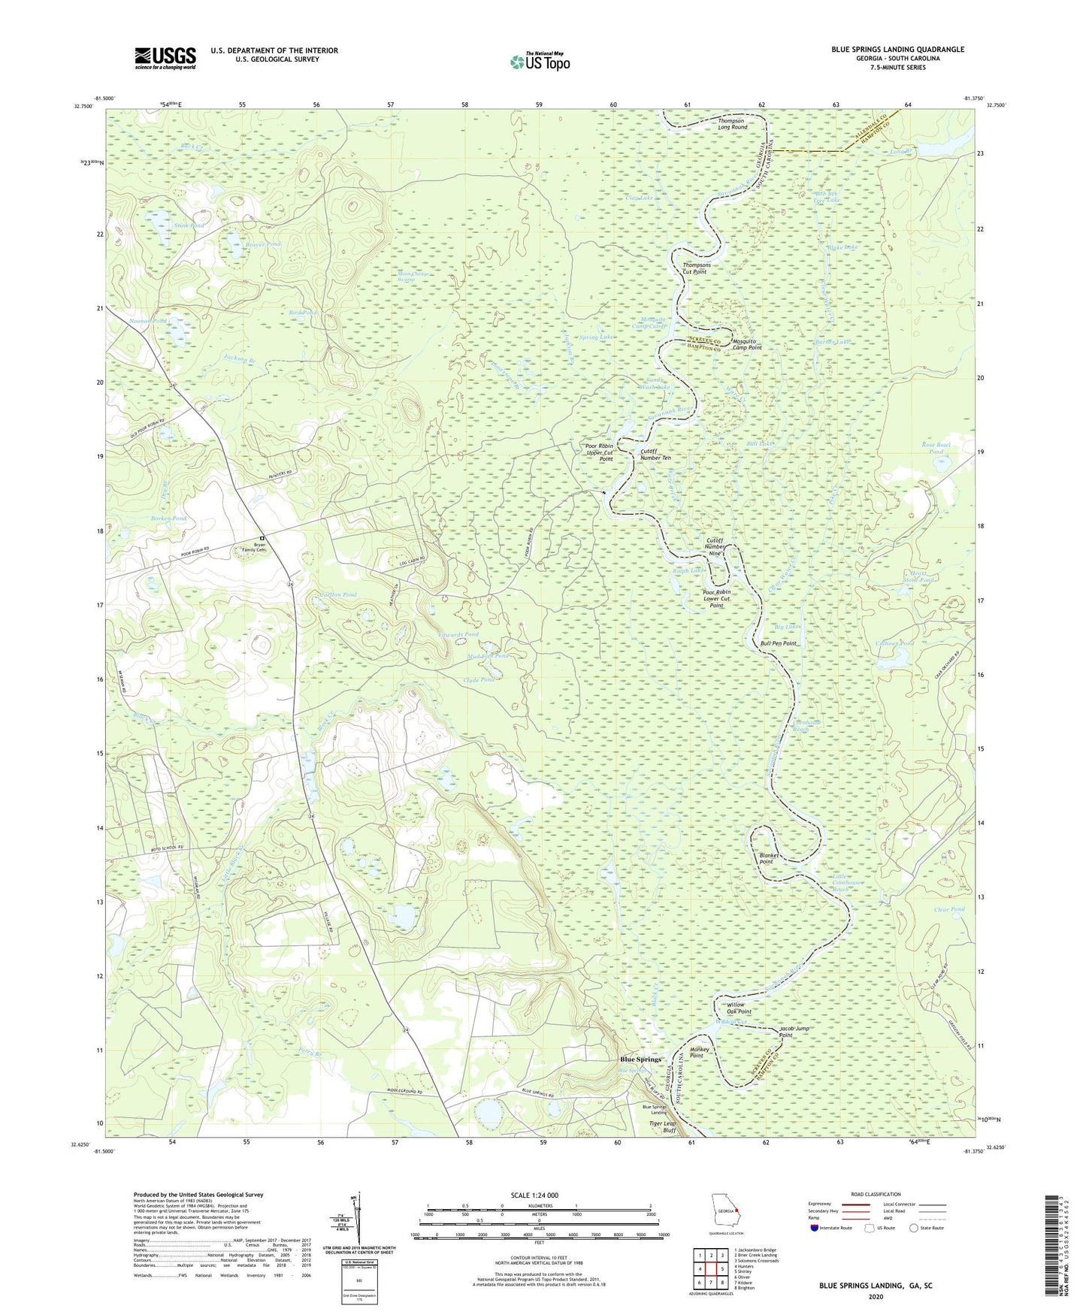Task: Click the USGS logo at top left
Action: (165, 58)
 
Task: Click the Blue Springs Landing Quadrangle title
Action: (897, 50)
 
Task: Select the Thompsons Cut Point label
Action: (694, 268)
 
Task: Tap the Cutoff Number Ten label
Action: (655, 454)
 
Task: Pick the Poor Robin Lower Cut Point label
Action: (716, 598)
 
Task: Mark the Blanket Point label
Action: (766, 858)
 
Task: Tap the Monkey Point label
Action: (696, 1052)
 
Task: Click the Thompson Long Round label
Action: (732, 124)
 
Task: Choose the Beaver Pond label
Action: (263, 244)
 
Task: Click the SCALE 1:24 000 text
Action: (534, 1196)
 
